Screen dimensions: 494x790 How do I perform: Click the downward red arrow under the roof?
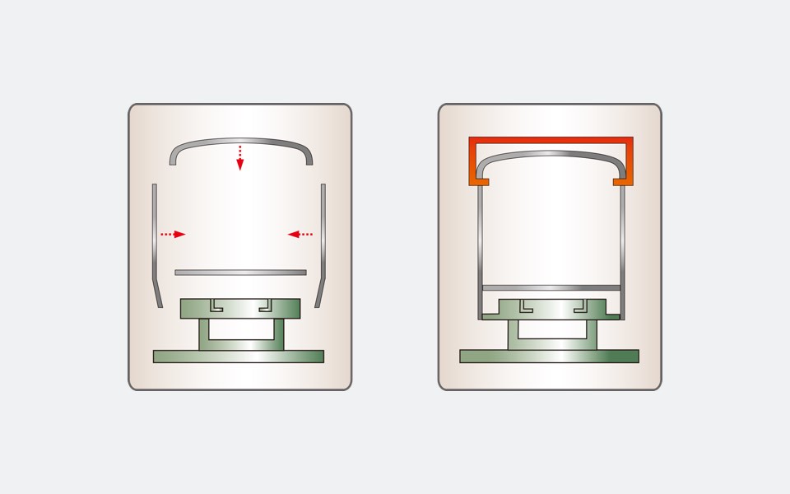point(240,157)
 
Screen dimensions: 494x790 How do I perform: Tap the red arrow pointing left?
point(300,235)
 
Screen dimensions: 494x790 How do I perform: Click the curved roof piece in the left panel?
point(240,142)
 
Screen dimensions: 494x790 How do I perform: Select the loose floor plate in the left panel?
point(240,273)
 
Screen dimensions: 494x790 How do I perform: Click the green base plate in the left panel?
point(239,357)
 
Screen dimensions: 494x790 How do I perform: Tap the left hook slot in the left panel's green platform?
point(216,305)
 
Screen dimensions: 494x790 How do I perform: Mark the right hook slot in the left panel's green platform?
point(265,305)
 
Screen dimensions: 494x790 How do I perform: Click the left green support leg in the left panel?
point(204,334)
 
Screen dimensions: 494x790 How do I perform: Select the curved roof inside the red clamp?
point(551,155)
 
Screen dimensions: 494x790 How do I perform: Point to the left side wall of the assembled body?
point(481,247)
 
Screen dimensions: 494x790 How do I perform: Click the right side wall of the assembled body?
point(622,247)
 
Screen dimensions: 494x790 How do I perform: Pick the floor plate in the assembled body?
point(551,287)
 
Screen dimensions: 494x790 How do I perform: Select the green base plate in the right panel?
point(549,357)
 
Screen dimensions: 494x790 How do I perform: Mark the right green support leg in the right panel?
point(591,334)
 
